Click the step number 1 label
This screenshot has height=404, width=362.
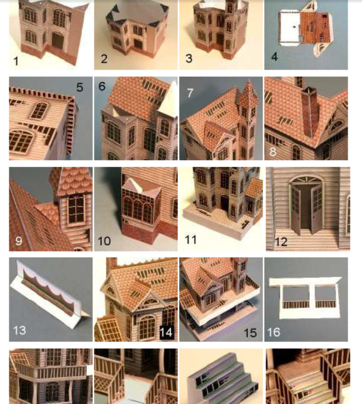16,61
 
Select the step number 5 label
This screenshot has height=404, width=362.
79,87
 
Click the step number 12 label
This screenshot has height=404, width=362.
281,242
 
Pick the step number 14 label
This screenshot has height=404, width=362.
166,332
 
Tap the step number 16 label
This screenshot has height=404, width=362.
276,332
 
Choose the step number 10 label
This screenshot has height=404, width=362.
105,241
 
